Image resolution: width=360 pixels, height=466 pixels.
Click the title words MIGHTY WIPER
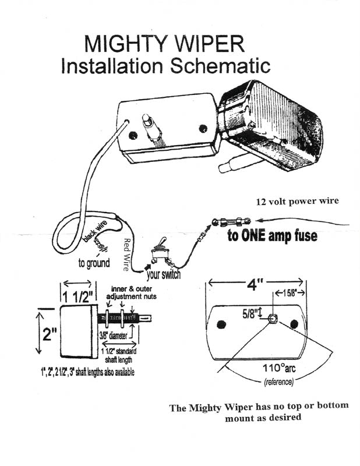(x=165, y=43)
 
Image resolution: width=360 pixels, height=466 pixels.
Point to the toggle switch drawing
(x=160, y=251)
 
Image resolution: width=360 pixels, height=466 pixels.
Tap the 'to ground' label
(x=94, y=263)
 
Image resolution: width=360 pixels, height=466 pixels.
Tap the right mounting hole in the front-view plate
(x=293, y=323)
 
